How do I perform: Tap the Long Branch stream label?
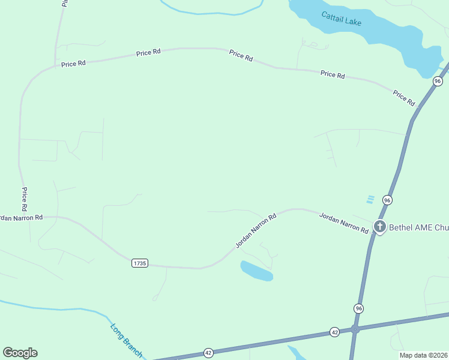[x=127, y=341]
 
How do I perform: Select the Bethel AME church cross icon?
[x=379, y=227]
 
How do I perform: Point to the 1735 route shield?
[x=139, y=263]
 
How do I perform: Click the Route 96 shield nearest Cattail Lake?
[x=438, y=81]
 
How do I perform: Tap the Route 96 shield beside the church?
[x=387, y=200]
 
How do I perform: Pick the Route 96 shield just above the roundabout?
[x=358, y=308]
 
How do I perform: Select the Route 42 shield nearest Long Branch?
[x=208, y=352]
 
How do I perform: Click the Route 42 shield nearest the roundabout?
[x=334, y=332]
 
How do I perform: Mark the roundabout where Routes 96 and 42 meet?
[x=355, y=329]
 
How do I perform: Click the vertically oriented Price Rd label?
[x=25, y=199]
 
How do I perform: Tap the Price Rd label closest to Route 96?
[x=404, y=98]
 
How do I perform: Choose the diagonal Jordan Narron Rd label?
[x=255, y=230]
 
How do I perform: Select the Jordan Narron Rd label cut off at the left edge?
[x=22, y=217]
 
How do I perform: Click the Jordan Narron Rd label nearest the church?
[x=343, y=223]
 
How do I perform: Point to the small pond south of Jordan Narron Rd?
[x=257, y=271]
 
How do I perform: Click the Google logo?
[x=20, y=353]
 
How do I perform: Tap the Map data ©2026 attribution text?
[x=424, y=355]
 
